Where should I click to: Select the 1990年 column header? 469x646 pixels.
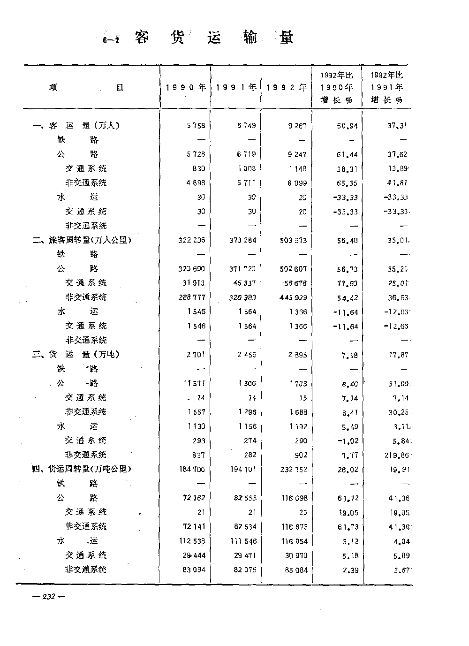coord(186,88)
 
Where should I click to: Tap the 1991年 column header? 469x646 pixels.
coord(236,88)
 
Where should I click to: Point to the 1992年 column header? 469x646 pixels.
coord(287,88)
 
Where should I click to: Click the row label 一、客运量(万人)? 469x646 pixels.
coord(76,126)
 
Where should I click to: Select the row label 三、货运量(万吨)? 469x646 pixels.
coord(76,355)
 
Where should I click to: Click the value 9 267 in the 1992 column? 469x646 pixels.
coord(297,126)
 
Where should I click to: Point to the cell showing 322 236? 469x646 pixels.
coord(192,240)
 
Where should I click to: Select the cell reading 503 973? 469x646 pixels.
coord(293,241)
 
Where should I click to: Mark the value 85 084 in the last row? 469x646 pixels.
coord(295,570)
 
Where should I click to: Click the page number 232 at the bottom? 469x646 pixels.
coord(49,597)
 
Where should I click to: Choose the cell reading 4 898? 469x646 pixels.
coord(196,183)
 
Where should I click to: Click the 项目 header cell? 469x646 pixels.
coord(86,88)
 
